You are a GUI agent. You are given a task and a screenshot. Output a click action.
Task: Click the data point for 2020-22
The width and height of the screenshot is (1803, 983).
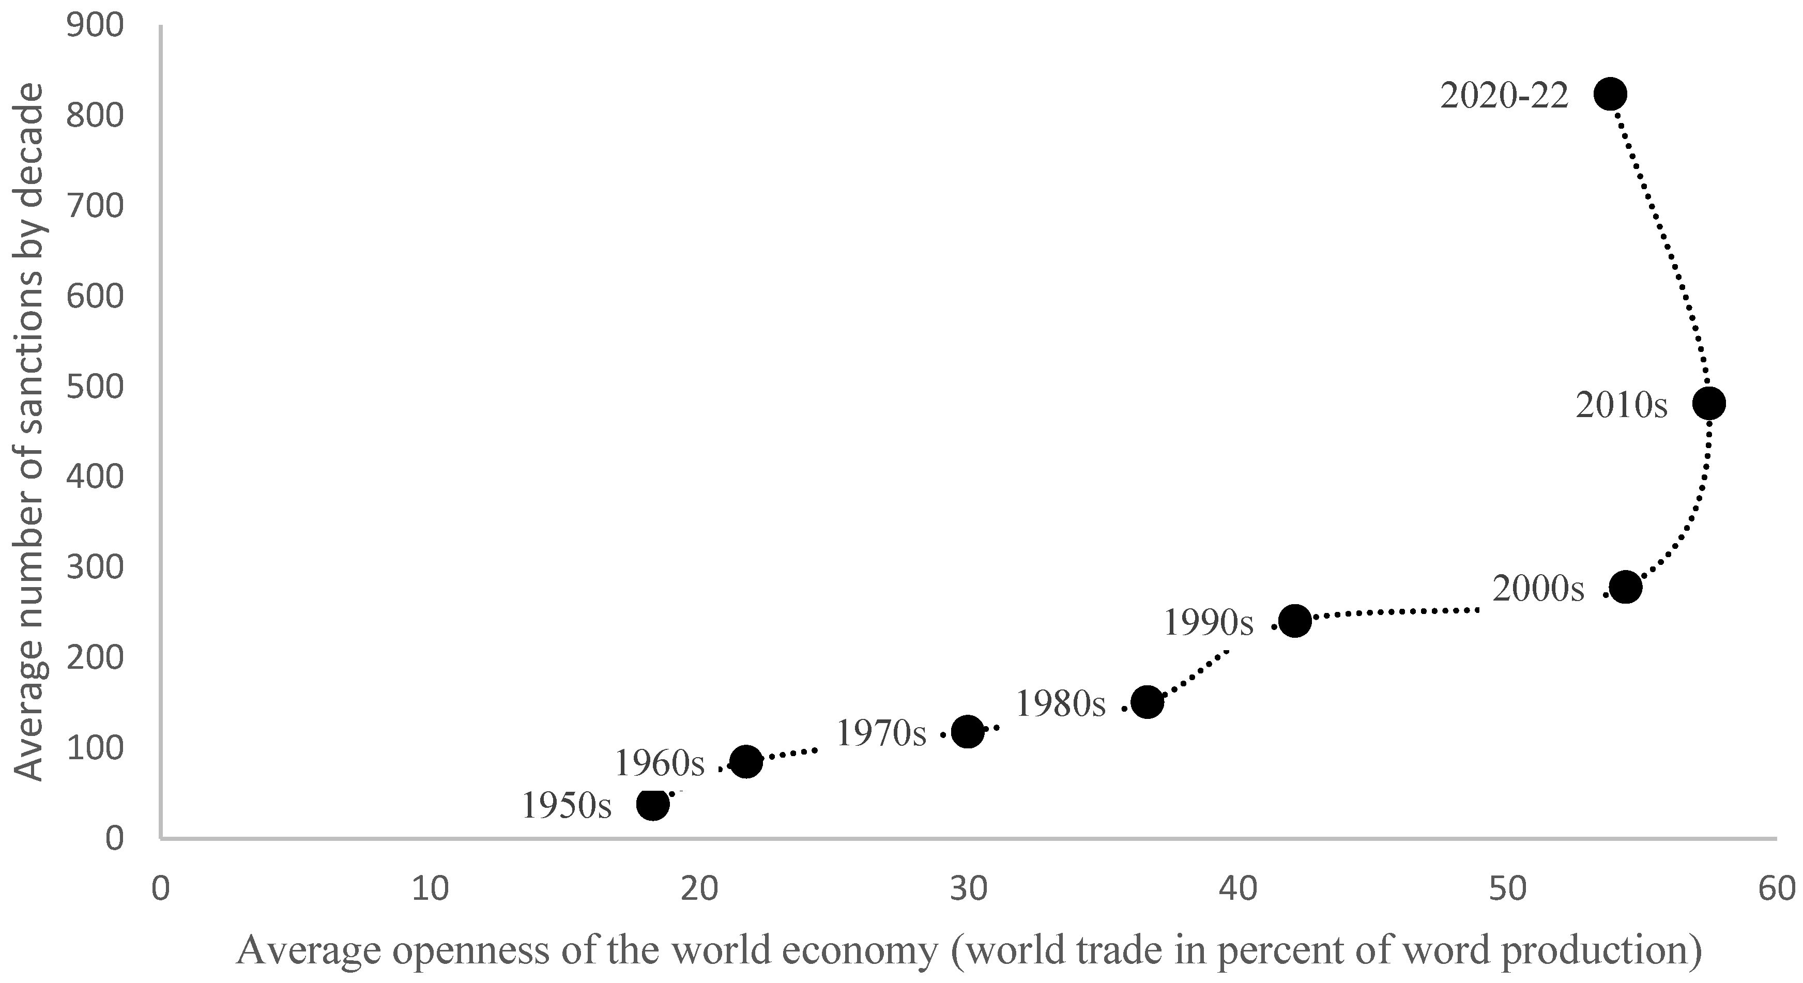[x=1610, y=94]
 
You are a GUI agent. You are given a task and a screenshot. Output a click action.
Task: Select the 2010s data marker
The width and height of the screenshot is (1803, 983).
[x=1708, y=404]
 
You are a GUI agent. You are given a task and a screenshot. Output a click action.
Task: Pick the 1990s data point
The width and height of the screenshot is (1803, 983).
[x=1295, y=621]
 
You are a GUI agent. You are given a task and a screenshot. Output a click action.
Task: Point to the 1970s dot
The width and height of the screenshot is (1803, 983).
[x=967, y=732]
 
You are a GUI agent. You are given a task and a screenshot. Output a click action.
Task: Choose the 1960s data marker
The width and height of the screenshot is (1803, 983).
[x=745, y=761]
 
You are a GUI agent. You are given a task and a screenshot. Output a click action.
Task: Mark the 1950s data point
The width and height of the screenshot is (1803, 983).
[x=653, y=805]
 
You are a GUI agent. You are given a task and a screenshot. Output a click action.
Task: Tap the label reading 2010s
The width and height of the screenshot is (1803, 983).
[x=1622, y=405]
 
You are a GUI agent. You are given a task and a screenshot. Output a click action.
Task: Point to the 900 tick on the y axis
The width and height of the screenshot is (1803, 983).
[x=95, y=26]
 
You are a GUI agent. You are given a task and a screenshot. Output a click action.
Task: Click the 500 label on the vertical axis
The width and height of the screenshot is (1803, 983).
[x=95, y=387]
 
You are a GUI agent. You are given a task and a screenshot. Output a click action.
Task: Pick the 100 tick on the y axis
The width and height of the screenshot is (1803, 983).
[x=95, y=748]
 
